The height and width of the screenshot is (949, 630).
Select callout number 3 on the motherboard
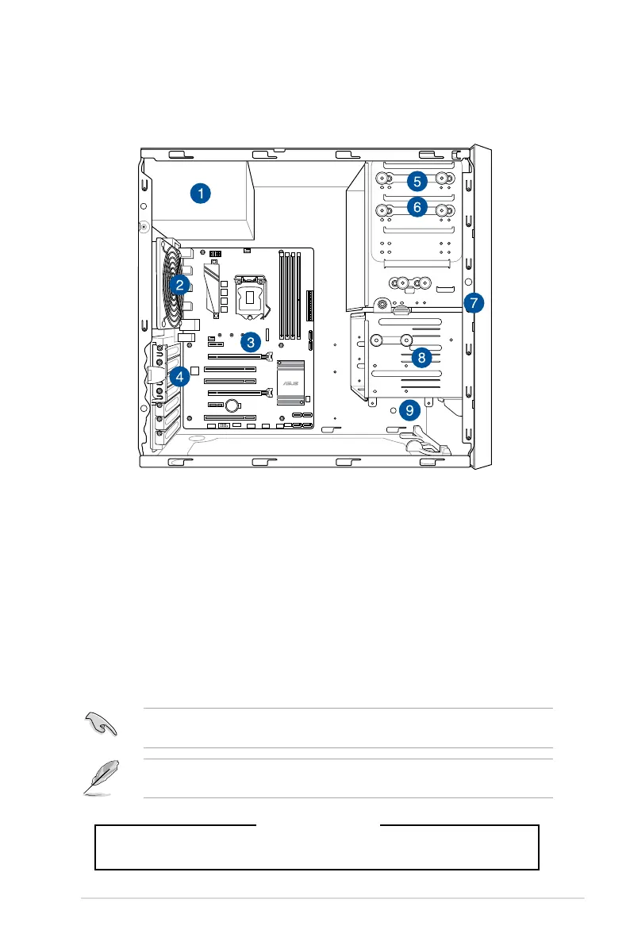coord(250,342)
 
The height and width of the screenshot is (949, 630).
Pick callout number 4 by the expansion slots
coord(180,377)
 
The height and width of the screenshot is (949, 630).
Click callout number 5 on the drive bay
coord(417,181)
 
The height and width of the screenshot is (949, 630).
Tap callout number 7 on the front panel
coord(473,302)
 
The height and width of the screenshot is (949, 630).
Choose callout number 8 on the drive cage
coord(421,358)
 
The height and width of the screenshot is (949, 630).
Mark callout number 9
coord(409,410)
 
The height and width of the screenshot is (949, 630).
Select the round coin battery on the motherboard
coord(232,405)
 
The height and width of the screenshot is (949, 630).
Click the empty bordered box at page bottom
coord(317,847)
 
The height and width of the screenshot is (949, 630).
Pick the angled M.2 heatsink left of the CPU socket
coord(213,286)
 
